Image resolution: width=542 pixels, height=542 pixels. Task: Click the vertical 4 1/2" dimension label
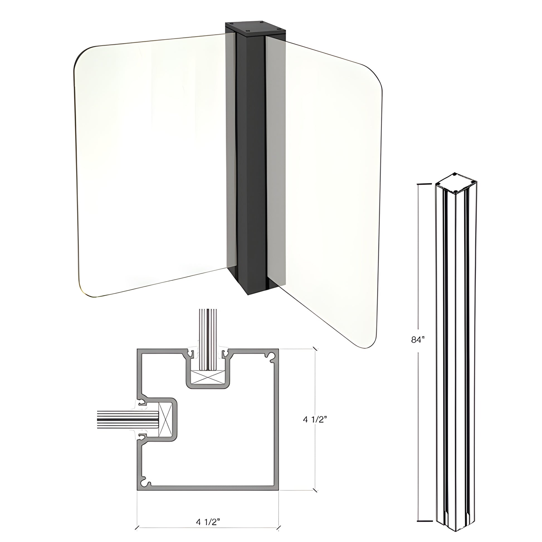[315, 420]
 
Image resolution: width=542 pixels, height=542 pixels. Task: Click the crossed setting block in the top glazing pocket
[207, 377]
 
